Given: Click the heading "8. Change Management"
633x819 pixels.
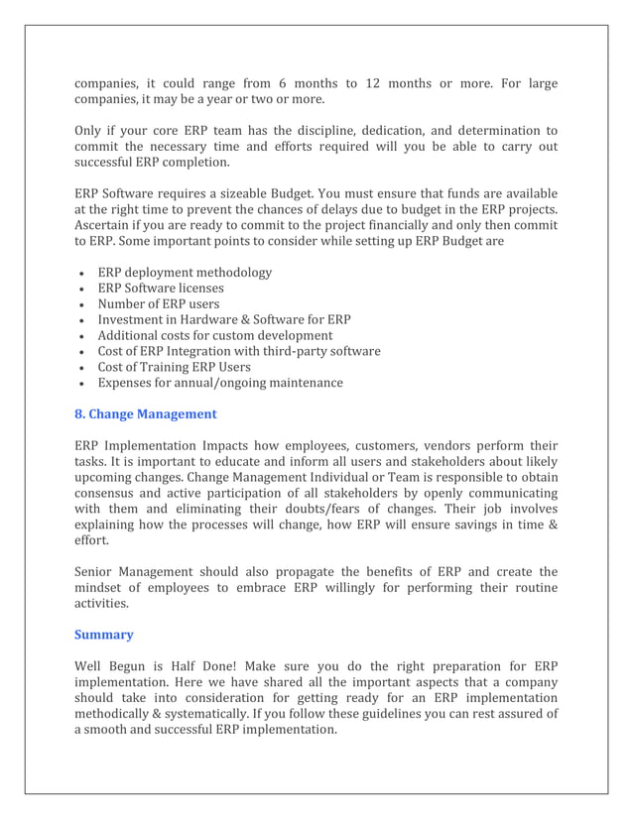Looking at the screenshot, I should [x=146, y=413].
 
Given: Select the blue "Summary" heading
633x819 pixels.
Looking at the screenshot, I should [x=104, y=633].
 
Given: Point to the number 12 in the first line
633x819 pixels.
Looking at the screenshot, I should [x=365, y=83].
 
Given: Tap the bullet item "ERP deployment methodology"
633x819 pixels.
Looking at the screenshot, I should [x=185, y=273].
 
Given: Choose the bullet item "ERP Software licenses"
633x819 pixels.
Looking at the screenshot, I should [x=161, y=288].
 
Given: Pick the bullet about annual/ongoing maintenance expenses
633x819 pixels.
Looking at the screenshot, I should [x=220, y=383].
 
